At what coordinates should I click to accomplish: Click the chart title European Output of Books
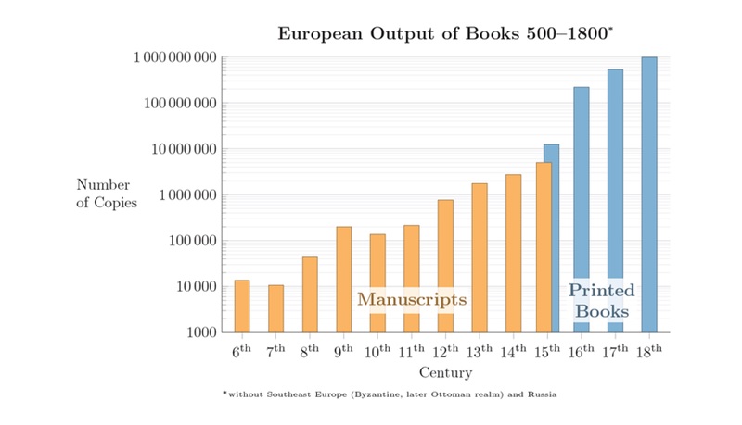[x=444, y=34]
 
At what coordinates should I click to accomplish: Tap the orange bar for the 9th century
[x=344, y=279]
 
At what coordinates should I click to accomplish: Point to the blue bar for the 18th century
[x=649, y=194]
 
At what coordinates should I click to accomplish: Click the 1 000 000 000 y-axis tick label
[x=175, y=57]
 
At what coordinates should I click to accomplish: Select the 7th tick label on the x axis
[x=275, y=351]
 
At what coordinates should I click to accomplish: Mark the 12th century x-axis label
[x=445, y=351]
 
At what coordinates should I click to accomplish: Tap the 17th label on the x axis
[x=615, y=351]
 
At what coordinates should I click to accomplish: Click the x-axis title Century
[x=445, y=373]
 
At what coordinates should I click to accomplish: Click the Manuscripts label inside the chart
[x=412, y=299]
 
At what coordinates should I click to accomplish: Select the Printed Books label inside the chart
[x=601, y=301]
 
